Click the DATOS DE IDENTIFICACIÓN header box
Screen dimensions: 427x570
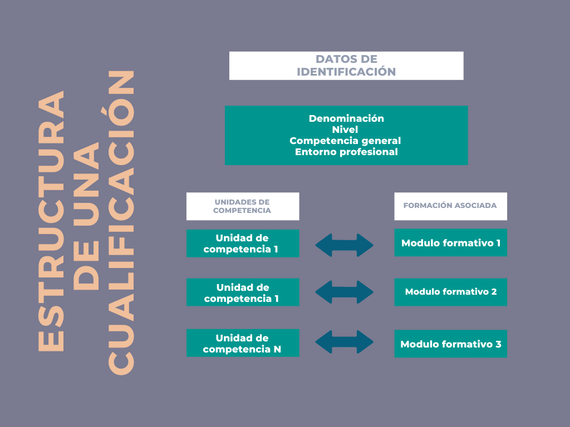tap(346, 66)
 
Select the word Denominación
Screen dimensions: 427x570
tap(346, 118)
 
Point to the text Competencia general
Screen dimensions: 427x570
tap(345, 141)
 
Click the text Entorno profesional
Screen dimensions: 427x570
tap(346, 152)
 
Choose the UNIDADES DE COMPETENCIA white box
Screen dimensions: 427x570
tap(242, 206)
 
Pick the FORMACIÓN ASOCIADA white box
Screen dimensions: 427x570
tap(450, 206)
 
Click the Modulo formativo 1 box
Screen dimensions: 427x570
tap(450, 243)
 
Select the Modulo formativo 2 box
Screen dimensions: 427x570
tap(450, 292)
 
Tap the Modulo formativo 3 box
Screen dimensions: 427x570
tap(450, 344)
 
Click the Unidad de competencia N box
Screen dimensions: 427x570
tap(242, 344)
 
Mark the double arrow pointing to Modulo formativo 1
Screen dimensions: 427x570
tap(345, 245)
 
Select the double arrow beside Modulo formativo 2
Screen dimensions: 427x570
tap(345, 292)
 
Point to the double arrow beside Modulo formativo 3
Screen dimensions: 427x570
tap(345, 342)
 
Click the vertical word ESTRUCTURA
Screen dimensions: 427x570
tap(51, 221)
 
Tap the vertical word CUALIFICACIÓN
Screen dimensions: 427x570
tap(121, 221)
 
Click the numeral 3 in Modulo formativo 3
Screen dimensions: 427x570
tap(498, 344)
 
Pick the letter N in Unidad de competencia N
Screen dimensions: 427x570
tap(277, 349)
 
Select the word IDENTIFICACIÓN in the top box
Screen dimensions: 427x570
tap(346, 72)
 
